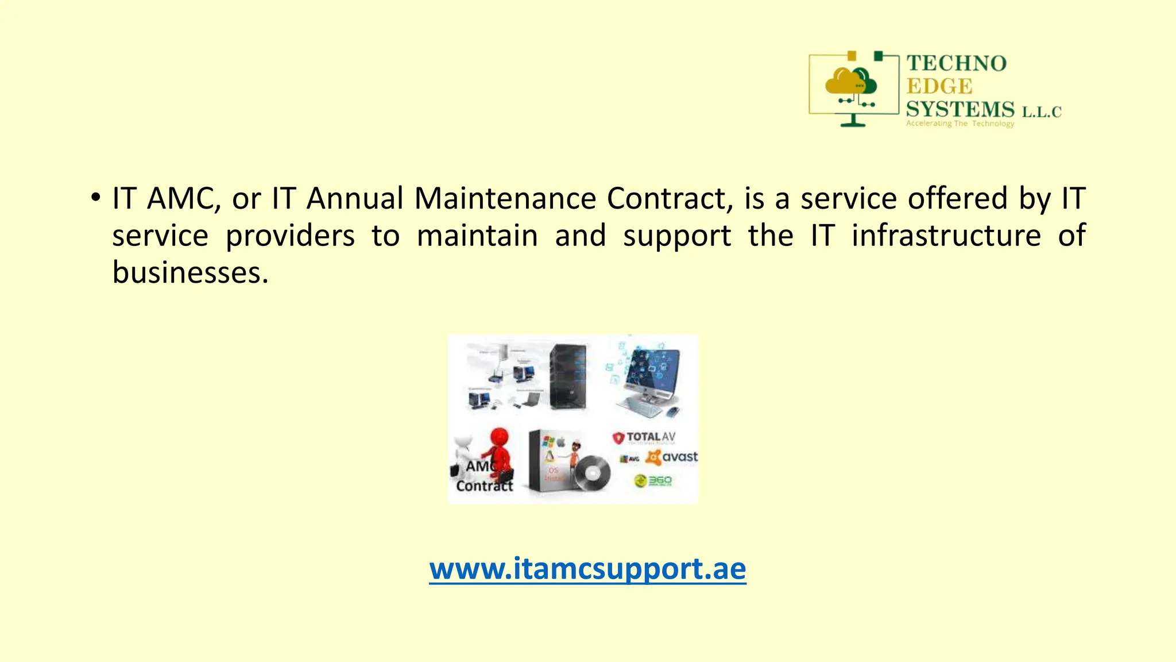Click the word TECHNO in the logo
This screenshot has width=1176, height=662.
(x=956, y=64)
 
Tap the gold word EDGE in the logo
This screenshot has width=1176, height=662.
(x=939, y=87)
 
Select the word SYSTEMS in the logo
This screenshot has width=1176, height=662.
(x=960, y=109)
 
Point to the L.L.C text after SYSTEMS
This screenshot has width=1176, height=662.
(x=1041, y=111)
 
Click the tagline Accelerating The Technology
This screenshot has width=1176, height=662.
(x=960, y=124)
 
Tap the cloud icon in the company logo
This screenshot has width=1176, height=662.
(x=850, y=82)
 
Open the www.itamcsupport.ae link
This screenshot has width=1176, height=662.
(x=587, y=568)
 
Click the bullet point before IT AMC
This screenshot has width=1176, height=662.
(x=95, y=198)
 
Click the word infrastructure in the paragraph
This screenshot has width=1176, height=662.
(x=946, y=236)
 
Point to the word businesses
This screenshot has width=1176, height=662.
(x=189, y=272)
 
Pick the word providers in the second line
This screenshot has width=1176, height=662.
(x=290, y=236)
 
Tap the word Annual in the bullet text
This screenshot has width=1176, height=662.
(x=355, y=198)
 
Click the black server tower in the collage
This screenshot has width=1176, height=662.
(x=567, y=376)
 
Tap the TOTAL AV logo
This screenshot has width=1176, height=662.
(x=644, y=438)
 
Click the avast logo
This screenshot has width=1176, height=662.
(x=672, y=457)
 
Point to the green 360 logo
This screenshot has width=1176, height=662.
(x=653, y=480)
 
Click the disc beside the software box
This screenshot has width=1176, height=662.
(x=592, y=473)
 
